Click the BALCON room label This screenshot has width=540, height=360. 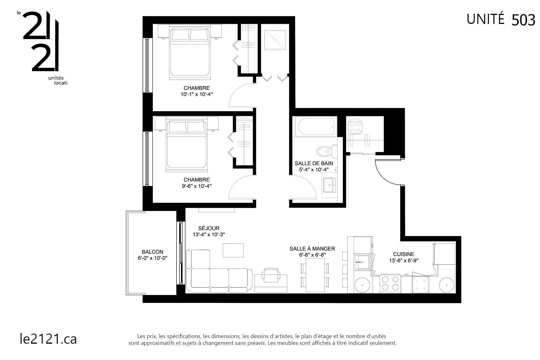(152, 252)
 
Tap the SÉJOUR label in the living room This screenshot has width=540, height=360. (209, 228)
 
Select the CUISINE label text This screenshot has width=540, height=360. (404, 254)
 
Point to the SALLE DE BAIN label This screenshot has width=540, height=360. (314, 163)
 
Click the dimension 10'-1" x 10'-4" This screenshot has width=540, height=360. (197, 94)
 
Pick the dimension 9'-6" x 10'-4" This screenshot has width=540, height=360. (197, 186)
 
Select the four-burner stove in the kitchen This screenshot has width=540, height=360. (390, 283)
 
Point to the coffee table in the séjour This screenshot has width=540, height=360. (233, 250)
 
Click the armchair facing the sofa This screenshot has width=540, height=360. (271, 275)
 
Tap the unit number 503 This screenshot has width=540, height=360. (523, 20)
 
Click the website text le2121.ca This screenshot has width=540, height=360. (48, 339)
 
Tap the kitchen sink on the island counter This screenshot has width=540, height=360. (362, 262)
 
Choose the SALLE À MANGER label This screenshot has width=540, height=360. (312, 249)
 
